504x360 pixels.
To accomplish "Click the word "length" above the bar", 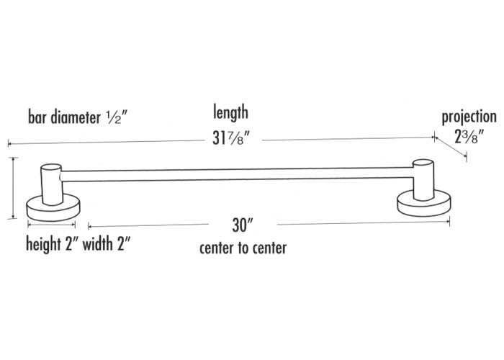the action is [x=230, y=113].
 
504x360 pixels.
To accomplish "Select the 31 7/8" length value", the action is [x=231, y=138].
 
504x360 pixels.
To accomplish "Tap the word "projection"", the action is [x=469, y=117].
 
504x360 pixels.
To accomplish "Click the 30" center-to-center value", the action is [x=243, y=225].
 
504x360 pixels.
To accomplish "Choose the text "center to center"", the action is [x=243, y=248].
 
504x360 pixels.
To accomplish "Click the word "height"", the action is [x=44, y=243].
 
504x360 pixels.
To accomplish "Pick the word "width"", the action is [x=98, y=243].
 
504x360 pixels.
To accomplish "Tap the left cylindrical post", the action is [x=52, y=184].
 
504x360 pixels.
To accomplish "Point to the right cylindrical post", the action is [x=423, y=179].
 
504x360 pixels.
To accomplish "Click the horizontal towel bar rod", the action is [x=237, y=174].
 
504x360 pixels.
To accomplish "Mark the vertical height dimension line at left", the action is [x=13, y=188].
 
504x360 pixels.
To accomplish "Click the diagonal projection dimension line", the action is [x=450, y=147].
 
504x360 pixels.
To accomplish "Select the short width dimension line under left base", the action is [x=51, y=225].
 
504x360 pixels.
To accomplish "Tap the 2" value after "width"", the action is [x=123, y=243].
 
